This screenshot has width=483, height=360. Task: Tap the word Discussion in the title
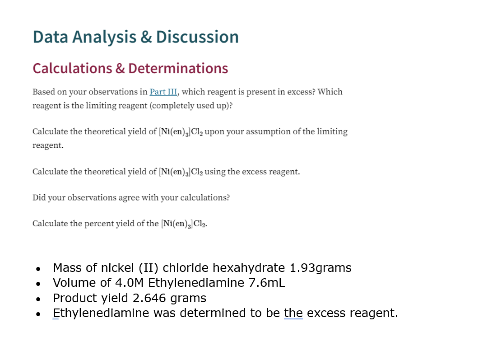[197, 37]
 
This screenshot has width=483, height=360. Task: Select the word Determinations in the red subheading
[178, 68]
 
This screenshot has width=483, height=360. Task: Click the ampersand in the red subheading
[120, 68]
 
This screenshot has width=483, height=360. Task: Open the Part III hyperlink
[164, 92]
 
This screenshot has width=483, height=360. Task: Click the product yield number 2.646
[149, 298]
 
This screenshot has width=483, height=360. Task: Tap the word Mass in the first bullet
[67, 268]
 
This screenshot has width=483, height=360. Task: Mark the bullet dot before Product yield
[39, 299]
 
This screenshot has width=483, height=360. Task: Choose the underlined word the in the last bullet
[293, 313]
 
